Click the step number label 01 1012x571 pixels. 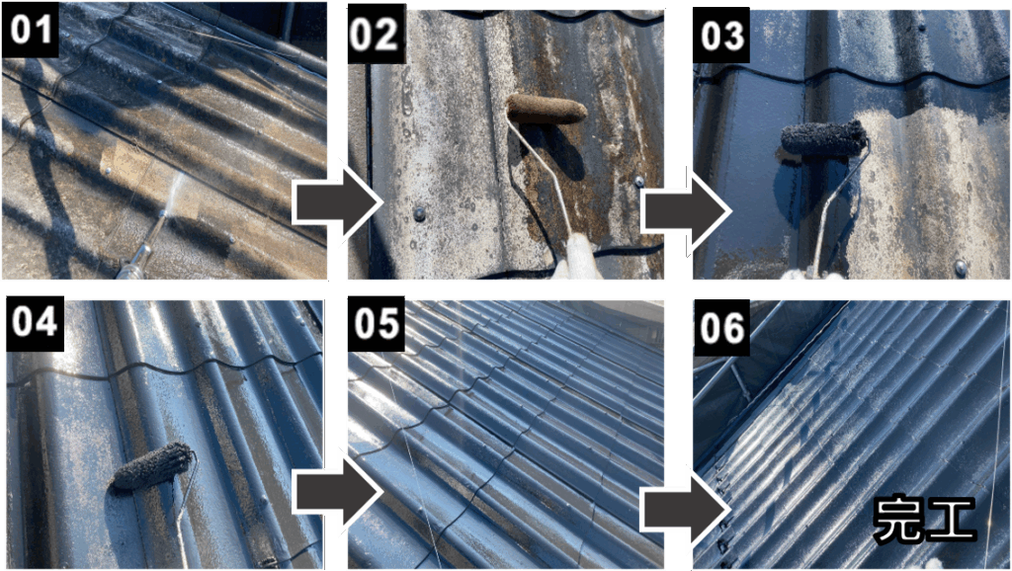[31, 29]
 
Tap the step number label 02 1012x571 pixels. [377, 35]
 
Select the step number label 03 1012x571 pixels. [721, 36]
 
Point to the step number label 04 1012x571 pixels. [36, 322]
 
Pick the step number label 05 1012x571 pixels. [377, 323]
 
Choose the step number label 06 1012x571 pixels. [721, 327]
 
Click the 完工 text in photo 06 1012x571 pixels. [925, 518]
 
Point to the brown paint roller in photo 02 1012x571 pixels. [546, 109]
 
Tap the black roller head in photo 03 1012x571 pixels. [824, 138]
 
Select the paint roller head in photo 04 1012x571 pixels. [153, 466]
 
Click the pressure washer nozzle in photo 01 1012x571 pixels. [145, 247]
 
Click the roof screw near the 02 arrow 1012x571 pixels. [419, 213]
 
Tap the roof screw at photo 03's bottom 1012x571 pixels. [960, 267]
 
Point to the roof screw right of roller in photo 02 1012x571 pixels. [639, 182]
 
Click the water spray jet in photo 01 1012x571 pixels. [172, 193]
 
